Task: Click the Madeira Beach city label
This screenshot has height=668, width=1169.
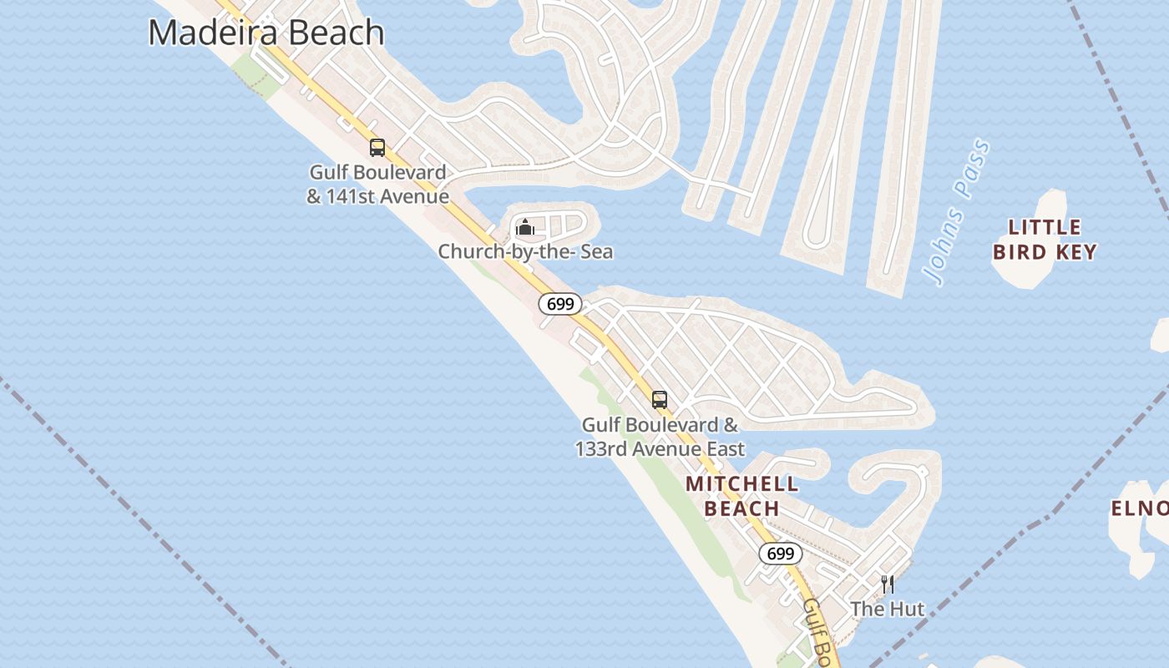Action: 266,33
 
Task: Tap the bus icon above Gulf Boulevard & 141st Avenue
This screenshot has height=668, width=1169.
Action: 377,148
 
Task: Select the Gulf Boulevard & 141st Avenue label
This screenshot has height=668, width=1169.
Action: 377,185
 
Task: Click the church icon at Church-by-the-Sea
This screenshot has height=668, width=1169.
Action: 525,227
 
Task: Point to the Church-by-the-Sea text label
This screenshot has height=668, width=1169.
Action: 525,251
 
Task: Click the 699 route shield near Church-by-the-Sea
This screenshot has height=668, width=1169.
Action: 559,304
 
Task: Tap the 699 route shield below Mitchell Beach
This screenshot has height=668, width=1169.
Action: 781,554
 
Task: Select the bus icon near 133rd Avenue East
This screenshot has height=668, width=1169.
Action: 660,400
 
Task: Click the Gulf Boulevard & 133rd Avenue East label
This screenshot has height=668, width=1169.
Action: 660,437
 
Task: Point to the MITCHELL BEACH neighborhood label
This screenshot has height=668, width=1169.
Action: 741,495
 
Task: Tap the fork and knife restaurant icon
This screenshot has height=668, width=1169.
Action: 888,584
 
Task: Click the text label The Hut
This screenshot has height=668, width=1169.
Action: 888,610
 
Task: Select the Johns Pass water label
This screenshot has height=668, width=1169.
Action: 958,213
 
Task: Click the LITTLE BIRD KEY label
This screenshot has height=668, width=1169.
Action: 1045,240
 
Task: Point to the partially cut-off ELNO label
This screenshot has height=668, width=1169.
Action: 1141,508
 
